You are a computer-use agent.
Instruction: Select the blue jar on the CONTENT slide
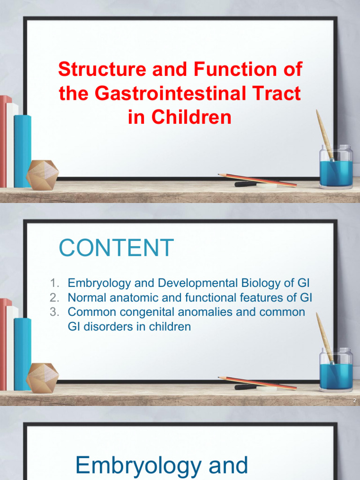point(336,373)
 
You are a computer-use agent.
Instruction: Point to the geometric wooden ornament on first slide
point(42,175)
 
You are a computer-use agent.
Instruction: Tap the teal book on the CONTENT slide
point(22,354)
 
